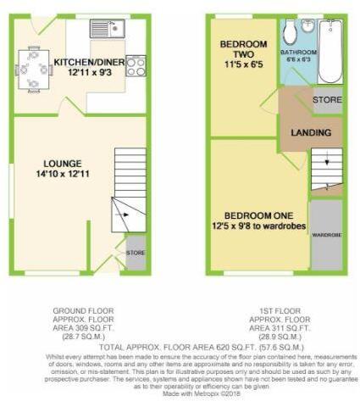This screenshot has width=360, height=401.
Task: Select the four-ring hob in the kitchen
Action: [x=136, y=65]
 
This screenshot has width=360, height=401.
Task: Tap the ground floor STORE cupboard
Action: [x=136, y=254]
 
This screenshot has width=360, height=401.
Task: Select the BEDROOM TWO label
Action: [x=243, y=49]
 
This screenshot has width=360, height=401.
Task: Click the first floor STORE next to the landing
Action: [x=327, y=100]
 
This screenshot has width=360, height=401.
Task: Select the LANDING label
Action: [x=311, y=133]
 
